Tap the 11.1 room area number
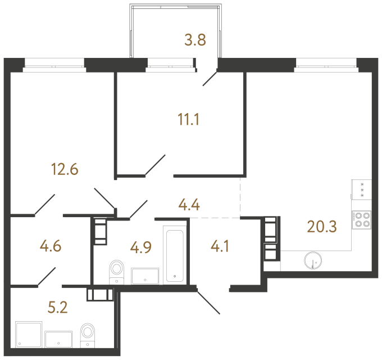[x=187, y=119]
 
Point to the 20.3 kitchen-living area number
[x=321, y=227]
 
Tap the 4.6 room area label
[x=50, y=246]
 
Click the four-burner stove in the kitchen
[x=361, y=220]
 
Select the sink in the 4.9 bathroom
[x=145, y=276]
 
